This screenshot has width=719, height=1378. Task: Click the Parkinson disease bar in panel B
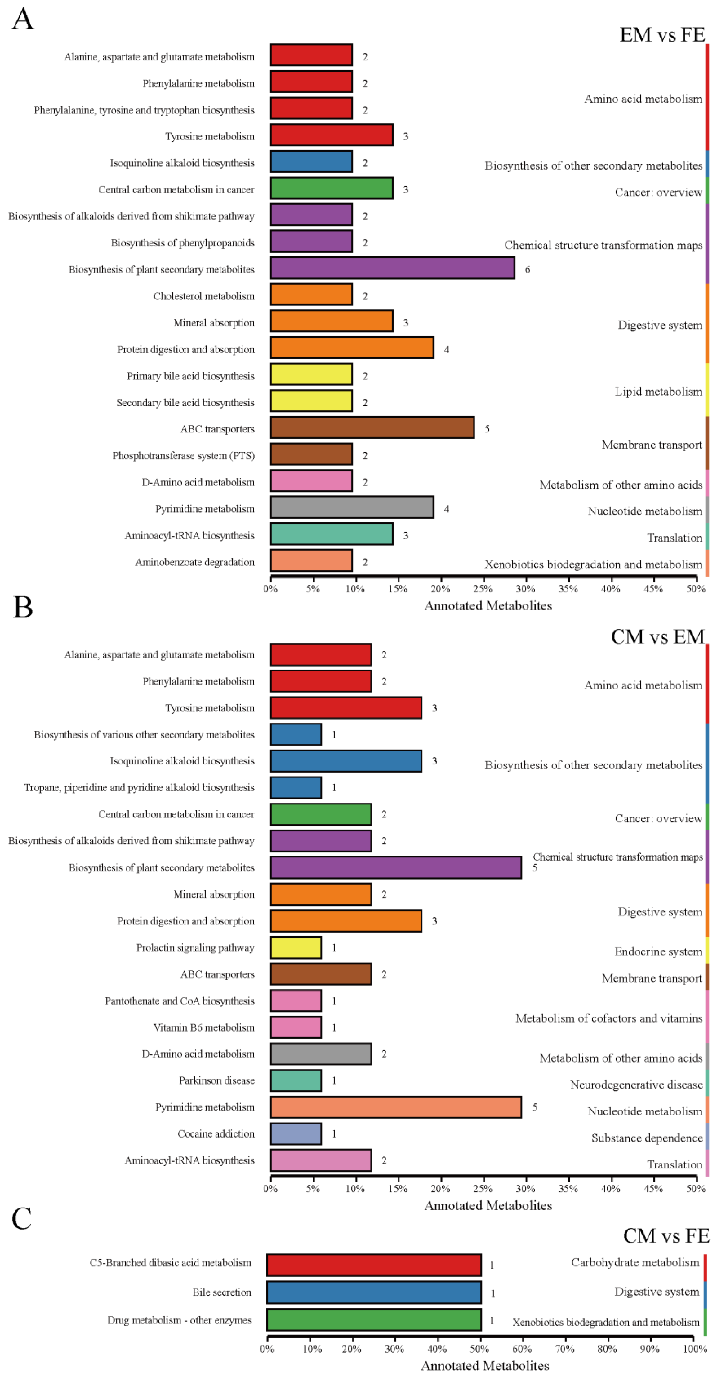296,1080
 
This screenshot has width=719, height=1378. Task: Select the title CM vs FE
666,1236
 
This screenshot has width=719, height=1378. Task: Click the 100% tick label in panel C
694,1349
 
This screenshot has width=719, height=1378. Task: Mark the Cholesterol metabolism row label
204,296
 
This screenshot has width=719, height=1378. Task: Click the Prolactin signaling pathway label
195,947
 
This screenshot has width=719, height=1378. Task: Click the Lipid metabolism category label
658,392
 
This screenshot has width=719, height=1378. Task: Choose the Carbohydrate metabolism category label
635,1263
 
